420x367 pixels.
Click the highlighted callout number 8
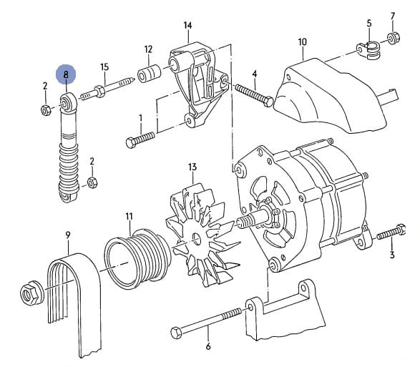(x=66, y=74)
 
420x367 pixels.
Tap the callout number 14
(x=187, y=26)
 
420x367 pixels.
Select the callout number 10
(x=302, y=42)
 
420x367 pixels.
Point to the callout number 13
(x=192, y=167)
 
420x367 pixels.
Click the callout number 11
(x=129, y=217)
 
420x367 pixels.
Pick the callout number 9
(x=68, y=235)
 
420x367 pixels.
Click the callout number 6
(x=208, y=346)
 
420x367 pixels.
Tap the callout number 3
(x=392, y=255)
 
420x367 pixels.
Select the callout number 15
(x=104, y=67)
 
